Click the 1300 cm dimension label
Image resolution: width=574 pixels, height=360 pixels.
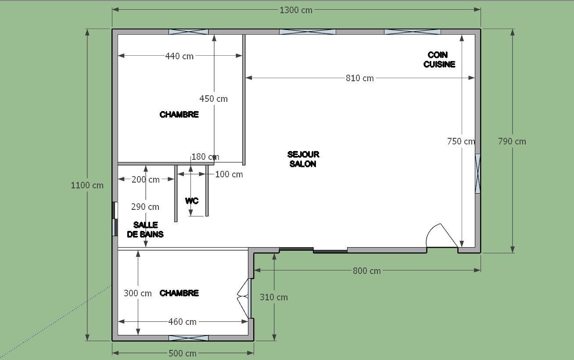(296, 10)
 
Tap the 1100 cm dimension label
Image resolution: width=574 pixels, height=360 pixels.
(87, 185)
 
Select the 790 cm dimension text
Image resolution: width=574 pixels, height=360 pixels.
(512, 141)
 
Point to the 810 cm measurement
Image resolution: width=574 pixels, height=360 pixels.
(360, 78)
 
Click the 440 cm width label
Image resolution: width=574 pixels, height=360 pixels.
(179, 56)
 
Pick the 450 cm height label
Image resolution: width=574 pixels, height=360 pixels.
(213, 99)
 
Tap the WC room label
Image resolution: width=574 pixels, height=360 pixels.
(192, 201)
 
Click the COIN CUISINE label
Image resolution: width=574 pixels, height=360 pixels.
(439, 59)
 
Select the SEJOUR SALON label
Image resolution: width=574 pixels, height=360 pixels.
(303, 159)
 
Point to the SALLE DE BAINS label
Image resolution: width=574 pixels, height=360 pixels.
(145, 230)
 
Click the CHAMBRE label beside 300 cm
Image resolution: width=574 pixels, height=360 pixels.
(179, 293)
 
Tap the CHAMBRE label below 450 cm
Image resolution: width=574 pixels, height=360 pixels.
(179, 114)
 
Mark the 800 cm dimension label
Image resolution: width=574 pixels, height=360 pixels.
(367, 271)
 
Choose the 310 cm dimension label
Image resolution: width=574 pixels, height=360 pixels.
(274, 297)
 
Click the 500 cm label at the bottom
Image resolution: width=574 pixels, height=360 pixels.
(183, 353)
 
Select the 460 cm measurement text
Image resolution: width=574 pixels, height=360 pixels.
(182, 322)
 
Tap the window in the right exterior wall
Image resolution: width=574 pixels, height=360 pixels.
(477, 173)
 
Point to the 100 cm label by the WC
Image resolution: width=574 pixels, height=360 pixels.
(229, 174)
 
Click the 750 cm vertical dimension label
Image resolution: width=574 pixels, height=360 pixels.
(461, 141)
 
